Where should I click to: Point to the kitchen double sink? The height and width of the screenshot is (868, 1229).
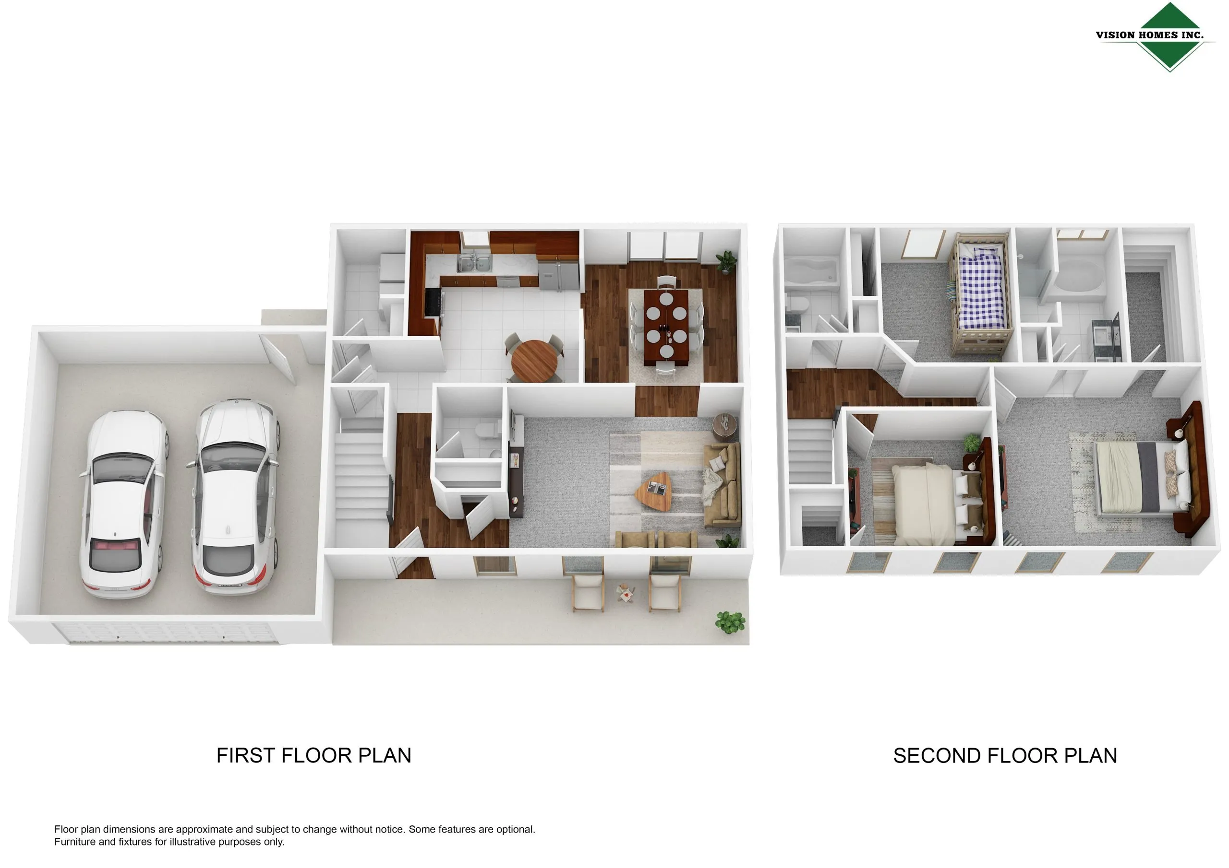474,264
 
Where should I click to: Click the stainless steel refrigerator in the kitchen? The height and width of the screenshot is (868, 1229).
558,275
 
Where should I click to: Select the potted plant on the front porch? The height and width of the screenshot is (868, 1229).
731,622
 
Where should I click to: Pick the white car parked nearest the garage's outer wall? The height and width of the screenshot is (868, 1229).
124,504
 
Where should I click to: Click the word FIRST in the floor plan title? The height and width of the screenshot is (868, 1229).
246,756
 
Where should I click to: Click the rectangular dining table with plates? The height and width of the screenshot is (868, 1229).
666,327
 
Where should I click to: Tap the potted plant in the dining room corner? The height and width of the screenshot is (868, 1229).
726,262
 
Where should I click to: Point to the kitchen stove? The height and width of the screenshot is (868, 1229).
433,302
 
